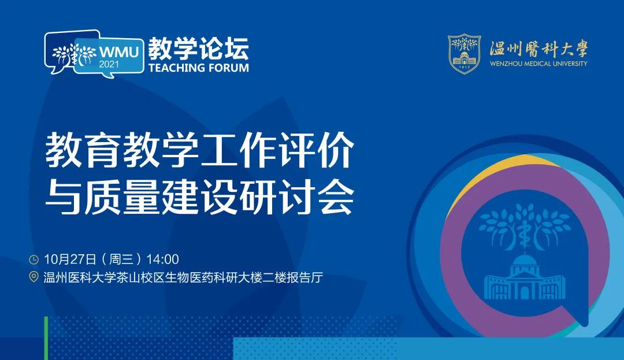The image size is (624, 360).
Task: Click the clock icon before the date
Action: [x=34, y=260]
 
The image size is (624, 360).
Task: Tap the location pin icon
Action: [x=34, y=277]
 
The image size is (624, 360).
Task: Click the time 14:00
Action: [x=162, y=259]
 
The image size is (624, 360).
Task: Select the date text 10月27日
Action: [x=70, y=259]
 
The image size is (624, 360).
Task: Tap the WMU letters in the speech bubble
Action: [x=118, y=51]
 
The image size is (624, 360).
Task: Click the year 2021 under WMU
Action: [x=109, y=64]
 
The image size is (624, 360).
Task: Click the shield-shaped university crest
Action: [x=465, y=54]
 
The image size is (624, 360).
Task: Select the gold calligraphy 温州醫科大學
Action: [x=538, y=49]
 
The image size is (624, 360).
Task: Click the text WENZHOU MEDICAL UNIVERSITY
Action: [x=538, y=64]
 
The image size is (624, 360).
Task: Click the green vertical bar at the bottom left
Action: [x=46, y=338]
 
